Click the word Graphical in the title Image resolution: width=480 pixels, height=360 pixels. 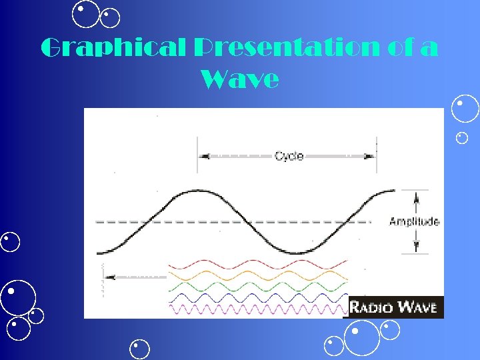[112, 48]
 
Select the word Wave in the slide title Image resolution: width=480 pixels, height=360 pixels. [239, 80]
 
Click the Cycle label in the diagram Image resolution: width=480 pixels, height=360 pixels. [289, 156]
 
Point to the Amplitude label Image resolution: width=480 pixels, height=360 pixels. [414, 221]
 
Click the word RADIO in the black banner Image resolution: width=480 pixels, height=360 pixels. [374, 307]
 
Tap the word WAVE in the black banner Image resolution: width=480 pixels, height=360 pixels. [418, 307]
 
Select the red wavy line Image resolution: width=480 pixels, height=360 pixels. [257, 264]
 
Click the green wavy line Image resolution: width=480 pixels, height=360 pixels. [257, 286]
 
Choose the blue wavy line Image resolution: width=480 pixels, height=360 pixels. [257, 297]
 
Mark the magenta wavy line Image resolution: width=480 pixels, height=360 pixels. [257, 309]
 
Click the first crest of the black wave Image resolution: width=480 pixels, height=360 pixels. [197, 190]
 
